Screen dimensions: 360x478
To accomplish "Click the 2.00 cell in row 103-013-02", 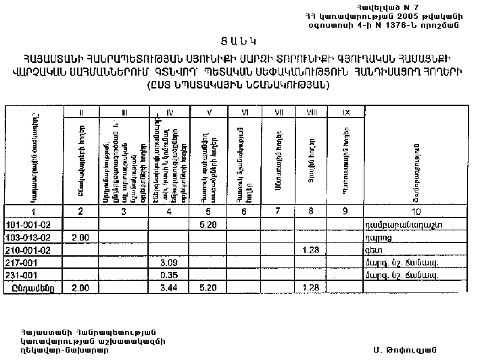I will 80,236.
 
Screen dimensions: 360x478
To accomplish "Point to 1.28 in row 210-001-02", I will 311,249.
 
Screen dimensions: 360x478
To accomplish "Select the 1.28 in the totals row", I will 311,288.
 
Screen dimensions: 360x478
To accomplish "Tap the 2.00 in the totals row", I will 80,288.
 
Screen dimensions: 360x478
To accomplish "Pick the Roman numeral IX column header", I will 345,111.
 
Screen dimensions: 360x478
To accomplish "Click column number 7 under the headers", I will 278,211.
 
